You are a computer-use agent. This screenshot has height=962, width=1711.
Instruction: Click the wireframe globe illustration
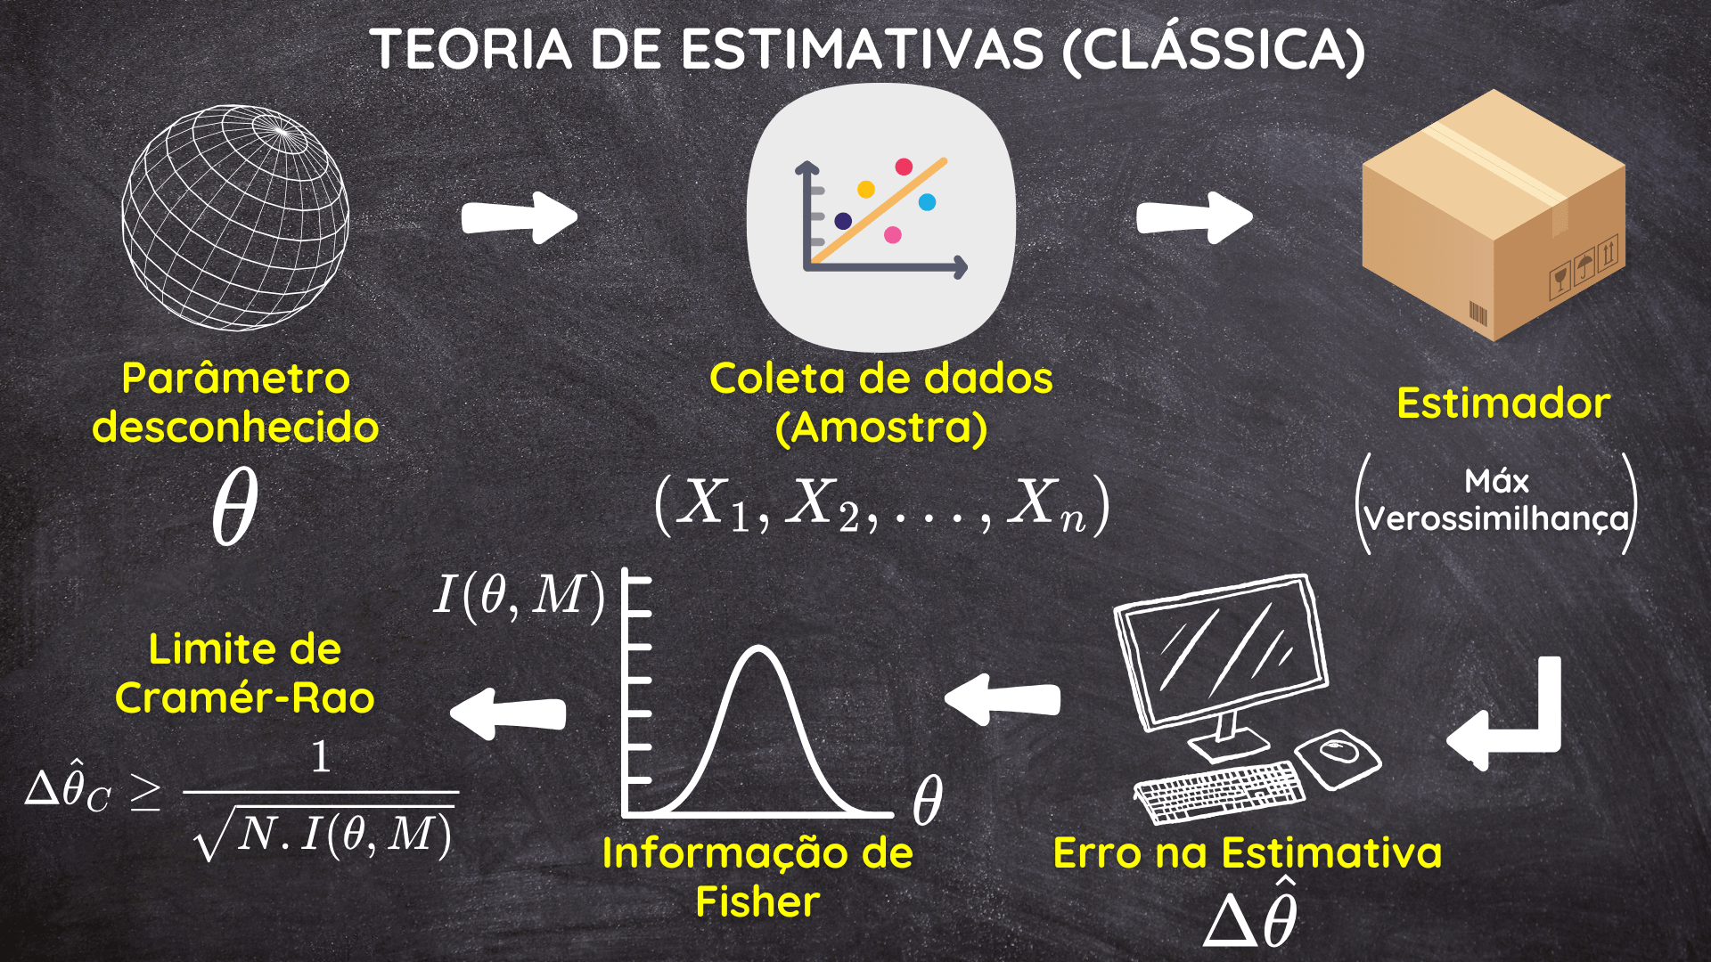[x=235, y=218]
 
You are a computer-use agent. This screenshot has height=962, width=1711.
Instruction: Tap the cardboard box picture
[x=1494, y=215]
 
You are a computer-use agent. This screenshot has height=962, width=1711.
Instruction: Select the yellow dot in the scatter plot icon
[x=865, y=190]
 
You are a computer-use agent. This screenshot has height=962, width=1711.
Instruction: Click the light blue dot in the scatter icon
[x=927, y=202]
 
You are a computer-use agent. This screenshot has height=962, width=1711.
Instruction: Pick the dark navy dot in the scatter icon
[x=843, y=221]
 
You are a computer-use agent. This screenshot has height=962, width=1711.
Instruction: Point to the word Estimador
[x=1503, y=404]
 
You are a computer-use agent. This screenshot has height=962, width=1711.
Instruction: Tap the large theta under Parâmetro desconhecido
[x=235, y=505]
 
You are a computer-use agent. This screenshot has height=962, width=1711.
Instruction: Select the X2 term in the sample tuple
[x=824, y=504]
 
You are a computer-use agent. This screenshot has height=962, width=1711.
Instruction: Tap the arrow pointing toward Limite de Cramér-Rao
[x=508, y=713]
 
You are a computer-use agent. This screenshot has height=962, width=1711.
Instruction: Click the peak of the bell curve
[x=758, y=648]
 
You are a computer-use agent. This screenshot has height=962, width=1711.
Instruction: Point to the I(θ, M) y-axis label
[x=520, y=595]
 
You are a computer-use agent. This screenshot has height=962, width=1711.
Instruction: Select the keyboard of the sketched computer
[x=1219, y=790]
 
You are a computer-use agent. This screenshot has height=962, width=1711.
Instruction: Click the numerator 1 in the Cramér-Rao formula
[x=321, y=757]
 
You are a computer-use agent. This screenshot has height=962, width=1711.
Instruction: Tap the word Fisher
[x=757, y=901]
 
